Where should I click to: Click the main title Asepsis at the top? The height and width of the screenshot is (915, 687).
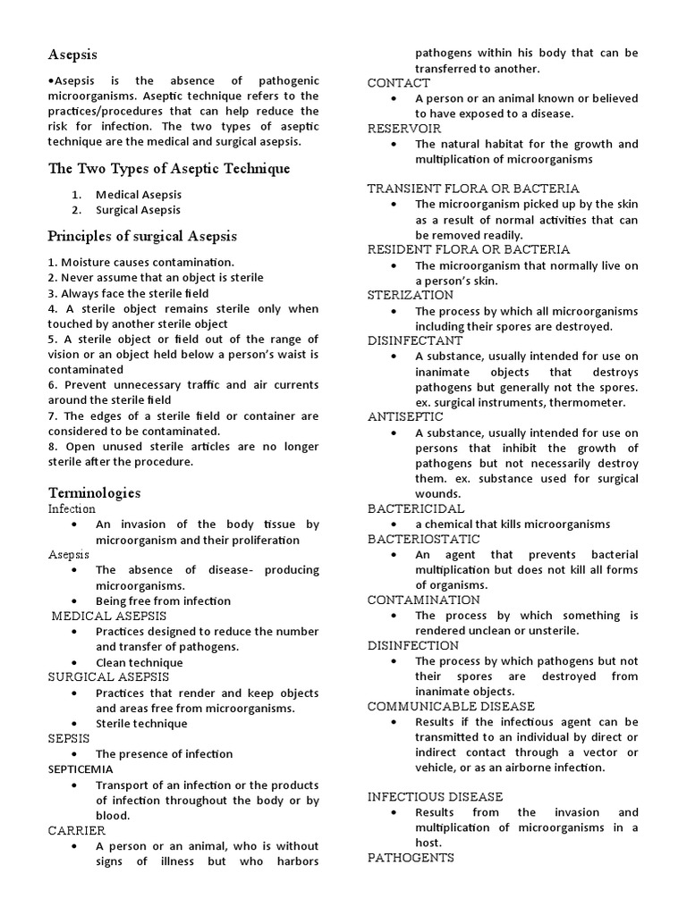pyautogui.click(x=72, y=55)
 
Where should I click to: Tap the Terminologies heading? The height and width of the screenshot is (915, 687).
pyautogui.click(x=94, y=492)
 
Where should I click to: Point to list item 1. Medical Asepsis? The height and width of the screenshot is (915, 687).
pyautogui.click(x=139, y=195)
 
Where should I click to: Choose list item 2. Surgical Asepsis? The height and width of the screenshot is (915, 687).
pyautogui.click(x=139, y=210)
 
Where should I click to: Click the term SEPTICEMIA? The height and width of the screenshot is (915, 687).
pyautogui.click(x=81, y=769)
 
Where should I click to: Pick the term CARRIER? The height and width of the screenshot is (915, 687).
pyautogui.click(x=76, y=830)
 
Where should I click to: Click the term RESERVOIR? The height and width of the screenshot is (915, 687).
pyautogui.click(x=405, y=128)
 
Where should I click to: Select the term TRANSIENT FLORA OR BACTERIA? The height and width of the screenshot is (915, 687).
pyautogui.click(x=473, y=189)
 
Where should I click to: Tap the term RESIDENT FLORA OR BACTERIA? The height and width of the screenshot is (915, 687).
pyautogui.click(x=468, y=249)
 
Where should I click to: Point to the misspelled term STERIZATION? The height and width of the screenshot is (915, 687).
pyautogui.click(x=410, y=295)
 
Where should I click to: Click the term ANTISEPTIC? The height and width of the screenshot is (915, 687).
pyautogui.click(x=404, y=416)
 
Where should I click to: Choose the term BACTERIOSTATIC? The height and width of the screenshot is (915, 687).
pyautogui.click(x=423, y=539)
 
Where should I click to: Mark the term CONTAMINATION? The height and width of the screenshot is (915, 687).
pyautogui.click(x=423, y=600)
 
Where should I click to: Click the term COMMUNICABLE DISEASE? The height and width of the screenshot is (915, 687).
pyautogui.click(x=451, y=706)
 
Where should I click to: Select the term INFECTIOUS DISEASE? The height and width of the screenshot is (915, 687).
pyautogui.click(x=435, y=796)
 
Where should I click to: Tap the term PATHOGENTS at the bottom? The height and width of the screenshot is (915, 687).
pyautogui.click(x=411, y=858)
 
